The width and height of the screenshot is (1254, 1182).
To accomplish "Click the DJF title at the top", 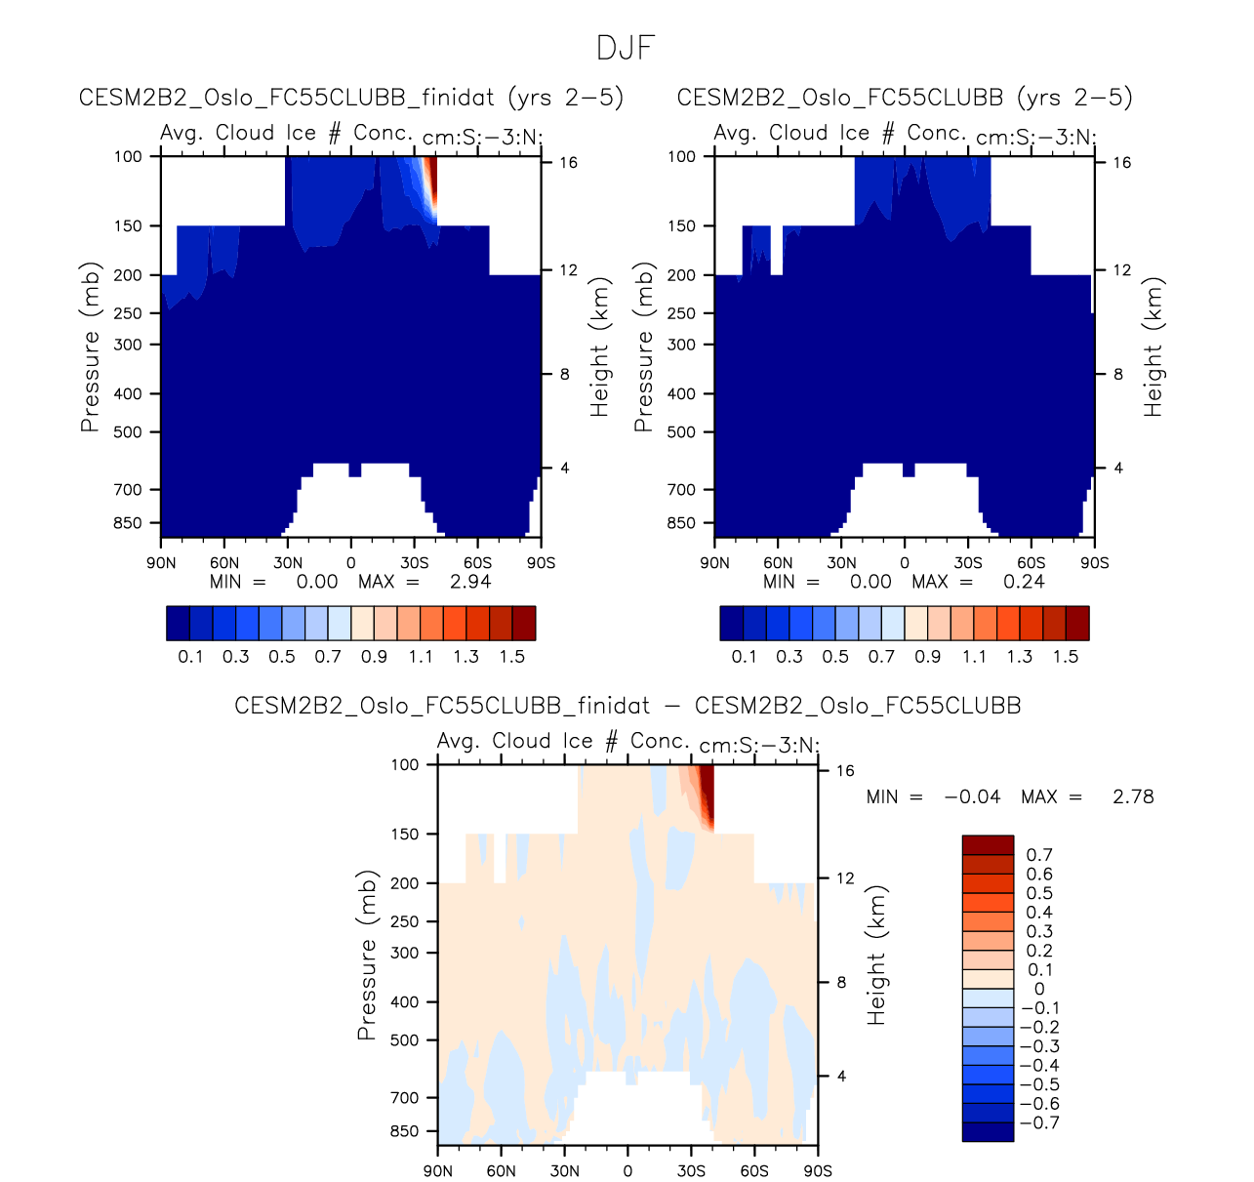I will coord(626,48).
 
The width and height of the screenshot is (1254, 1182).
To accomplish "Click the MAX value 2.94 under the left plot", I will coord(470,582).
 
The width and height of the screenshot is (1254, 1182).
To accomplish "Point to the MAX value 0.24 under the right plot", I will coord(1024,582).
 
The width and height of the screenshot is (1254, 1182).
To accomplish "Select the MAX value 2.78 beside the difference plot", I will coord(1133,796).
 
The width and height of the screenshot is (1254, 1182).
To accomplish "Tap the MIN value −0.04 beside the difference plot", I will coord(972,796).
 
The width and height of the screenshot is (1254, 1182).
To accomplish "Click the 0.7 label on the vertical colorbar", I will coord(1039,855).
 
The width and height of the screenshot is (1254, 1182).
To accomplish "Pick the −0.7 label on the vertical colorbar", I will coord(1039,1122).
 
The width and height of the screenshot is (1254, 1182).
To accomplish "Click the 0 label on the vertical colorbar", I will coord(1039,989).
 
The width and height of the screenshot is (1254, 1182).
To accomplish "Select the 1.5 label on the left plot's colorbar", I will coord(512,656).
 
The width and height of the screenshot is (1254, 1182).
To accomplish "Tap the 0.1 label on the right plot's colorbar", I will coord(744,656).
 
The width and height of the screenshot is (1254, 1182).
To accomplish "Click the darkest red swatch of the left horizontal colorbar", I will coord(524,623).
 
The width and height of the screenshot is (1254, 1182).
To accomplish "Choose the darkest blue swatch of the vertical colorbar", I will coord(988,1131).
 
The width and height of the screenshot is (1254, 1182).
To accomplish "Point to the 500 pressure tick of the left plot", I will coord(128,431).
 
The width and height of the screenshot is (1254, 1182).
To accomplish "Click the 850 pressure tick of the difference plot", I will coord(404,1131).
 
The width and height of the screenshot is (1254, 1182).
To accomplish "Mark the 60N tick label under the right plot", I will coord(778,563).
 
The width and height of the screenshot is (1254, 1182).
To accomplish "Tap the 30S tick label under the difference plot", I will coord(691,1170).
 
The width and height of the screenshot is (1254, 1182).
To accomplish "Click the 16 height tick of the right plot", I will coord(1122,162).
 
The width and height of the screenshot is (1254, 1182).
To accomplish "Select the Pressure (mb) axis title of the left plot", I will coord(90,346).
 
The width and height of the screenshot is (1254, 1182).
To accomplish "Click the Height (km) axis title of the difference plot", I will coord(877,955).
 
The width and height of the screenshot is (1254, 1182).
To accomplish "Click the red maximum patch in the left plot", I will coord(430,181).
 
